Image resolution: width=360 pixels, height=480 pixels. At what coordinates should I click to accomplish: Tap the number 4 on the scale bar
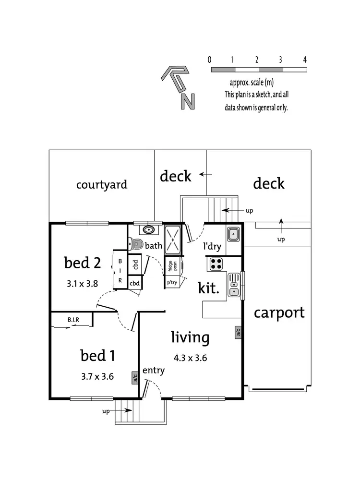[305, 60]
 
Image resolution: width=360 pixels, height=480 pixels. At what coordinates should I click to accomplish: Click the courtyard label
[102, 184]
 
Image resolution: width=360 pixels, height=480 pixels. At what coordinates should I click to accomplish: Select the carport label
[279, 312]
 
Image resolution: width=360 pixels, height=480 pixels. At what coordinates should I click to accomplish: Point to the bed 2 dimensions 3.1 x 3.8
[82, 283]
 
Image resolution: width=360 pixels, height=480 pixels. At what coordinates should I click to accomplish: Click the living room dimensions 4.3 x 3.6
[190, 357]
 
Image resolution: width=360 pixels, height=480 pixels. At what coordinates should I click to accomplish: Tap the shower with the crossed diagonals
[172, 239]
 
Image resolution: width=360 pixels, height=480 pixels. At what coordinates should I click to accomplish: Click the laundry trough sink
[233, 234]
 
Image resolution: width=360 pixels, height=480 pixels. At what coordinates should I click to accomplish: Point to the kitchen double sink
[233, 284]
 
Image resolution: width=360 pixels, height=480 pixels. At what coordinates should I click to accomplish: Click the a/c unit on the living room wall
[238, 332]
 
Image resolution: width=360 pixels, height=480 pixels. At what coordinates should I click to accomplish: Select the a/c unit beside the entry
[135, 378]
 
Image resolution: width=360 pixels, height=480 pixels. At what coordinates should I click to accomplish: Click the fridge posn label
[172, 264]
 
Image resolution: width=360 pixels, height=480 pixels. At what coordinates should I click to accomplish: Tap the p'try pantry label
[172, 283]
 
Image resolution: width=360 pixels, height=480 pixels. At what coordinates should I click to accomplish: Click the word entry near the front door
[154, 370]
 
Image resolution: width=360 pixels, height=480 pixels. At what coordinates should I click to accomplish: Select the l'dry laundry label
[212, 247]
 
